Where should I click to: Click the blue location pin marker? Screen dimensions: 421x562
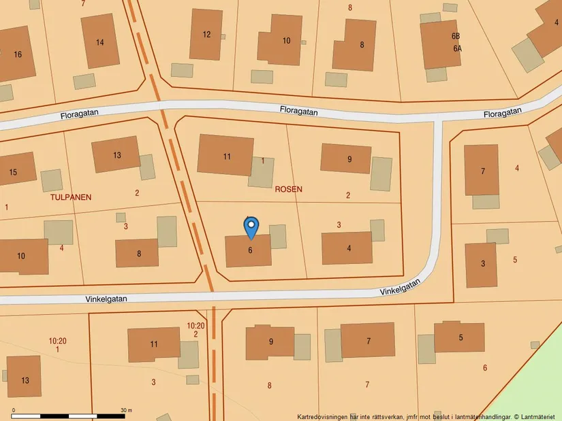coord(251,226)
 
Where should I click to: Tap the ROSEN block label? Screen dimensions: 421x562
coord(288,189)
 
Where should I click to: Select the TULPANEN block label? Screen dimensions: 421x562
coord(71,197)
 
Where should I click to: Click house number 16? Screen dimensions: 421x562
coord(18,54)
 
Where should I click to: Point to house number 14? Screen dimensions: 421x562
coord(100,42)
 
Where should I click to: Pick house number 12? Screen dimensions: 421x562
coord(206,35)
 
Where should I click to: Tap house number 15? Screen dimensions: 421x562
coord(13,172)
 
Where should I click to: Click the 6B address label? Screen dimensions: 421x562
coord(456,36)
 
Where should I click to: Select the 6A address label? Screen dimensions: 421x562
coord(457,49)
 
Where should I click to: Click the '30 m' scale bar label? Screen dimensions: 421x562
coord(126,410)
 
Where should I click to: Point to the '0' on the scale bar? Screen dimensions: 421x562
coord(14,410)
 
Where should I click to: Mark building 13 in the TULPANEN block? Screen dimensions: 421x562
coord(116,154)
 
